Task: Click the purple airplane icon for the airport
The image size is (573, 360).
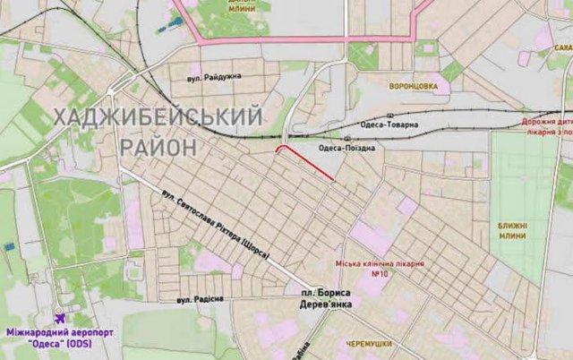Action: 60,316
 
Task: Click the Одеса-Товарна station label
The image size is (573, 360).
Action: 389,124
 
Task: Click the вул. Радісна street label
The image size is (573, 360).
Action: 201,298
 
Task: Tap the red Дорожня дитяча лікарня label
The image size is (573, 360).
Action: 546,125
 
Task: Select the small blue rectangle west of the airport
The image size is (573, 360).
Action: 9,245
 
